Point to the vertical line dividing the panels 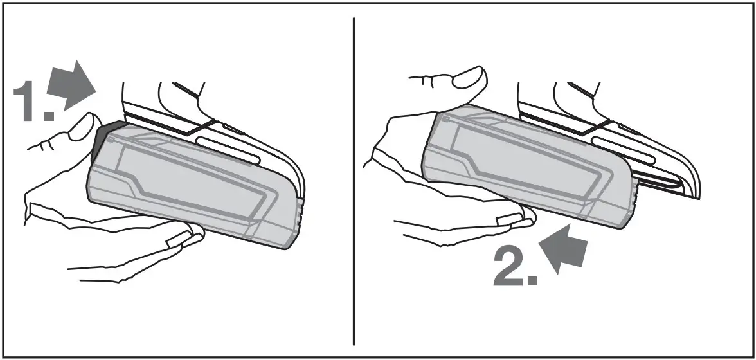354,180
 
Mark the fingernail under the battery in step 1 177,240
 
